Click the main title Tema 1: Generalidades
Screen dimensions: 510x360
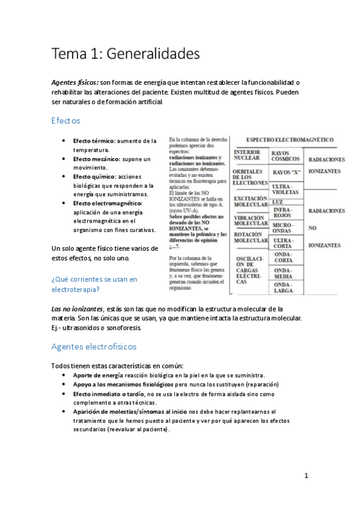pos(126,54)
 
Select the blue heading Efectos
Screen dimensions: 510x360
pos(66,121)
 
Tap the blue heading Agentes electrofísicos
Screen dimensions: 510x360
pos(94,346)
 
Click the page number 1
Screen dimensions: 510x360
pos(306,476)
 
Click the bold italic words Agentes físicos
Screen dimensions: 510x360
pos(75,82)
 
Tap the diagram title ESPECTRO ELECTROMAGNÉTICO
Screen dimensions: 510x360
pos(290,140)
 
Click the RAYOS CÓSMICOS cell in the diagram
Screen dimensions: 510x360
pos(285,156)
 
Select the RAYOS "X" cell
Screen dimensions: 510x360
pos(286,172)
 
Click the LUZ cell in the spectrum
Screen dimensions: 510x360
pos(278,202)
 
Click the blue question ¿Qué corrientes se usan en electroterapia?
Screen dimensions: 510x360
pos(94,284)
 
